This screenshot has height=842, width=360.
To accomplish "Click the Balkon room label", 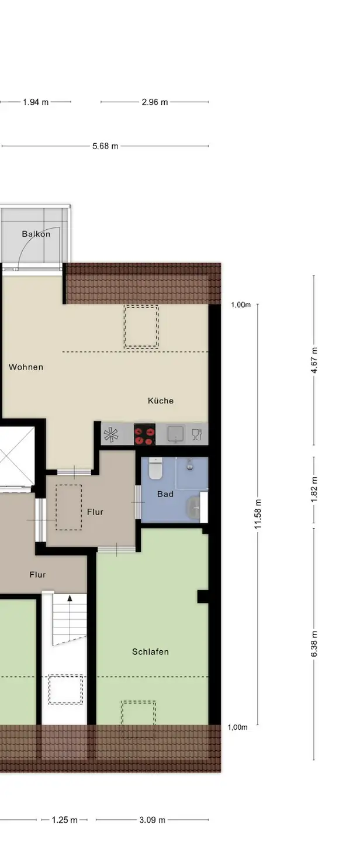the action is click(36, 234).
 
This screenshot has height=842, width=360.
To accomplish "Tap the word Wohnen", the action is click(26, 367).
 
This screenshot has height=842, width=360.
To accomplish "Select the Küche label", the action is click(161, 401).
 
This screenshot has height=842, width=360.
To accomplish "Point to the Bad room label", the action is click(165, 494).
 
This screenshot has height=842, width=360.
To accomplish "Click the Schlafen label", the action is click(150, 652).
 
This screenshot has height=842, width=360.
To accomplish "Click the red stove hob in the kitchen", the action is click(145, 434).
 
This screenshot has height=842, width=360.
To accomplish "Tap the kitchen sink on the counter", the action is click(175, 434).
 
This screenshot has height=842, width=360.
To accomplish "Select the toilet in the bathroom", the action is click(155, 468).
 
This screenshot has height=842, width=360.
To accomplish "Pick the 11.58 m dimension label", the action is click(258, 514).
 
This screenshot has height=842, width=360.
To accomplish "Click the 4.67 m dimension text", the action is click(314, 360).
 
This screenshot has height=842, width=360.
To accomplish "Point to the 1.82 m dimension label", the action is click(314, 489).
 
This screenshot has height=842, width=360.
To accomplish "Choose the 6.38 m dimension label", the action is click(314, 644).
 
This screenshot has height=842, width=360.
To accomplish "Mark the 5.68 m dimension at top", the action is click(105, 146).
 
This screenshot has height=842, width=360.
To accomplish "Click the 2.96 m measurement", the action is click(155, 102).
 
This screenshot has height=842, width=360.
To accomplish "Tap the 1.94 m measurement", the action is click(36, 102).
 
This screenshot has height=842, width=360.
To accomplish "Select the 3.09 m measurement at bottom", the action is click(152, 820).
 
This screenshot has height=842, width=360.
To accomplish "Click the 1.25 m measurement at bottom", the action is click(65, 820).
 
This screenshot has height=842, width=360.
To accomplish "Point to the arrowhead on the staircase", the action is click(70, 598).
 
